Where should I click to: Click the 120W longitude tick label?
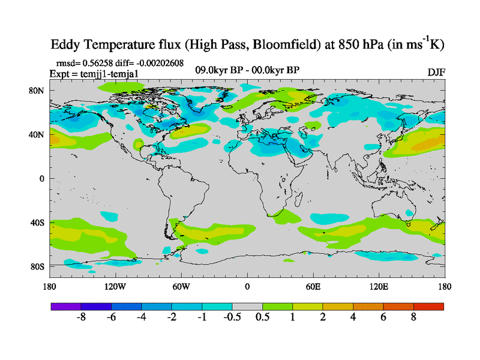115,286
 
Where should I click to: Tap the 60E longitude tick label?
313,286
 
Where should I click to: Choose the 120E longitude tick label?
379,286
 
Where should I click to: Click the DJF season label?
436,72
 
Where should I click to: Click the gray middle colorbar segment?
247,306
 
